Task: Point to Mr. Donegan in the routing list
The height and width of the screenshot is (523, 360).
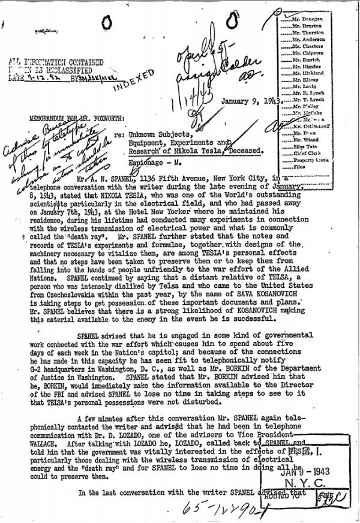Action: pyautogui.click(x=307, y=19)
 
